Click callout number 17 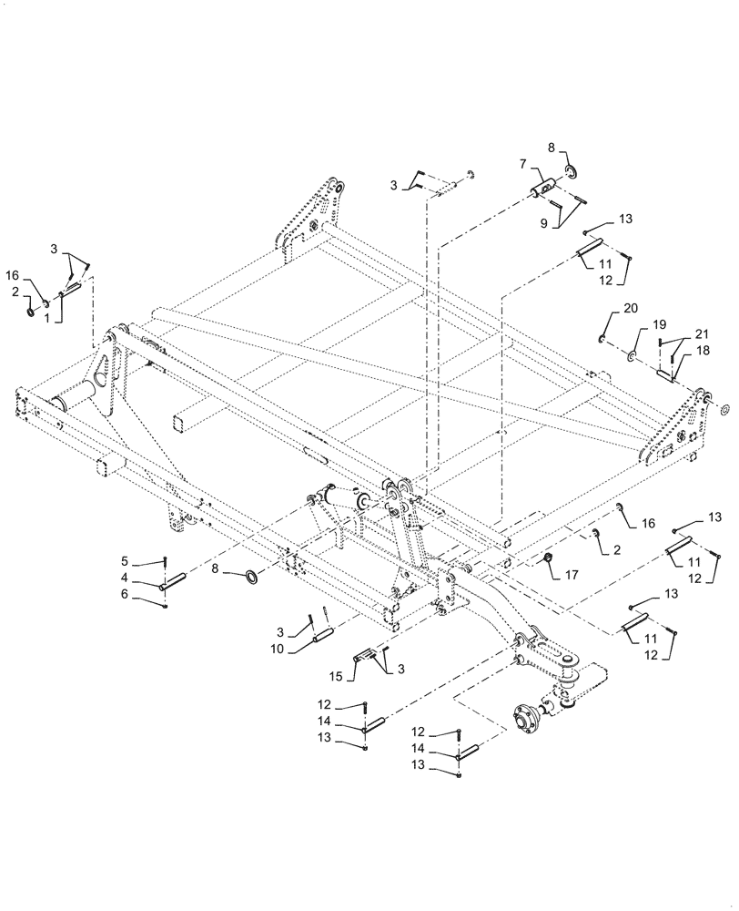point(573,575)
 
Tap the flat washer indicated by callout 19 point(630,352)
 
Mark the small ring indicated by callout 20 point(602,339)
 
